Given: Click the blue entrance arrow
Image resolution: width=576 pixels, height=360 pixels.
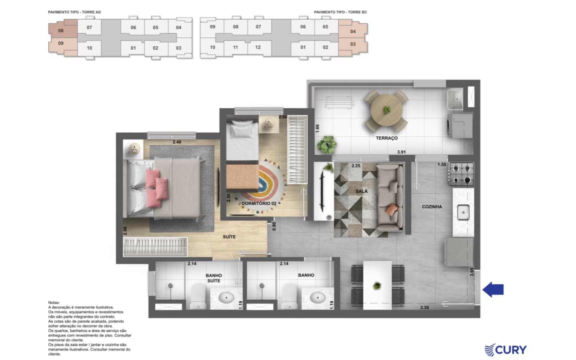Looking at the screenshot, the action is (493, 290).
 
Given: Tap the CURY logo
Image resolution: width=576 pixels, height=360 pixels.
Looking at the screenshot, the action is (506, 350).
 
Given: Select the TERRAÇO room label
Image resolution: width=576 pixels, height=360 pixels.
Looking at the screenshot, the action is (386, 138).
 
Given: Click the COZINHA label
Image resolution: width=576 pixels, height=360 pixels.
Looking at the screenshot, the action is (432, 207).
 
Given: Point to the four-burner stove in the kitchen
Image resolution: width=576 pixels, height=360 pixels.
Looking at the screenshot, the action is (462, 174).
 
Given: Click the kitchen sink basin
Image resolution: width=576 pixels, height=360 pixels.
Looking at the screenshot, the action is (463, 212).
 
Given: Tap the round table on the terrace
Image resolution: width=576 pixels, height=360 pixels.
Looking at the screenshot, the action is (386, 110).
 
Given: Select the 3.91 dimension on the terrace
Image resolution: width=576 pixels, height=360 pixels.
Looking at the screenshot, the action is (401, 152).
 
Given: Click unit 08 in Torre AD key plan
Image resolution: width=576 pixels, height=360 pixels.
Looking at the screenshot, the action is (61, 30).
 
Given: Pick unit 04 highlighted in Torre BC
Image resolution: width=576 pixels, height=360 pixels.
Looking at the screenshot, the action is (353, 31).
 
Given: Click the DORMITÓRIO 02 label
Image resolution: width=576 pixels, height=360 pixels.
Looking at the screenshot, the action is (259, 203).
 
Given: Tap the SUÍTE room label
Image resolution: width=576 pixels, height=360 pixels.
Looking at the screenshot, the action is (229, 237).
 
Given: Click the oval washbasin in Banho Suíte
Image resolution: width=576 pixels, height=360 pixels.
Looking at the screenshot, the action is (226, 298).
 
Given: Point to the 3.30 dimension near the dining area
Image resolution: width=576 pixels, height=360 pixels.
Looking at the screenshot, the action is (424, 308).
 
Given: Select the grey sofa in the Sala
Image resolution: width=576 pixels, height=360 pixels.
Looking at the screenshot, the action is (390, 198).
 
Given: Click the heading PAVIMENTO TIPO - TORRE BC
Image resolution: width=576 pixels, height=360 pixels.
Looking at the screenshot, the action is (340, 12).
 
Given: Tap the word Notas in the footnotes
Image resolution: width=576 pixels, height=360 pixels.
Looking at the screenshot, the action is (54, 303).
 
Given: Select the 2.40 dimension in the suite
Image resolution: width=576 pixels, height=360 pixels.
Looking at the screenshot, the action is (177, 142).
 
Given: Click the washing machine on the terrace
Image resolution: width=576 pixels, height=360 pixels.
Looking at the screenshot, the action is (460, 126).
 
